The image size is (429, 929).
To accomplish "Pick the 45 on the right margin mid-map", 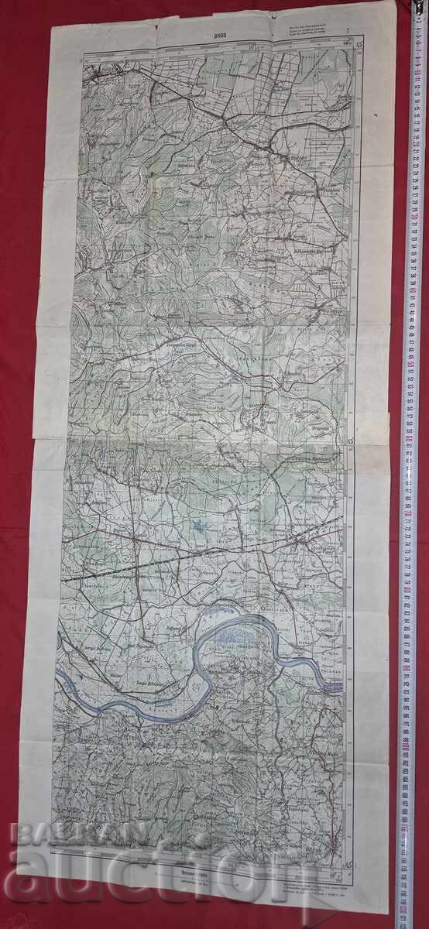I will click(350, 443).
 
